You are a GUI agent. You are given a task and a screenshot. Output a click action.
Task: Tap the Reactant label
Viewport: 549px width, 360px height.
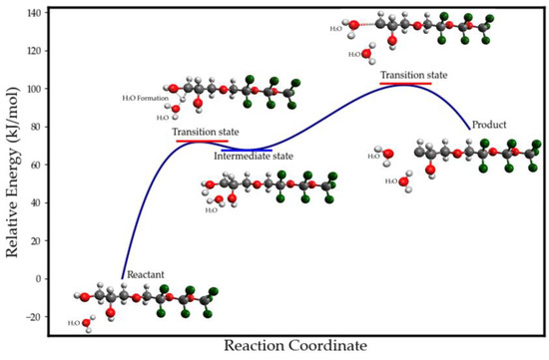146,271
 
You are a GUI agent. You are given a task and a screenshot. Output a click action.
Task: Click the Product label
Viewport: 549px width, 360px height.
492,125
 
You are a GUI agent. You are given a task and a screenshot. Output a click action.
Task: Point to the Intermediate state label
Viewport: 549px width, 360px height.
254,157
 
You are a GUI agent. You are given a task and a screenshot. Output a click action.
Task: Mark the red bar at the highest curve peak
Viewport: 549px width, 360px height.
405,84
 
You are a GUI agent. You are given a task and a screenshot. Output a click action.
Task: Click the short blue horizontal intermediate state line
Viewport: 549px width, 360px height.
247,150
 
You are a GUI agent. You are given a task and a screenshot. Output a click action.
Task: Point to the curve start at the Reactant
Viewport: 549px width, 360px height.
123,278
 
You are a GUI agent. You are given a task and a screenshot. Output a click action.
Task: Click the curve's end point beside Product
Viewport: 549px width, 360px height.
470,129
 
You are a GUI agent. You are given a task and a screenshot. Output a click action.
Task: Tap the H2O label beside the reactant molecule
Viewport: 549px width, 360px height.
74,323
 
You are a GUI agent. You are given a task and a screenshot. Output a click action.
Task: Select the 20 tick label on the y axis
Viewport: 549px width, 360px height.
37,240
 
